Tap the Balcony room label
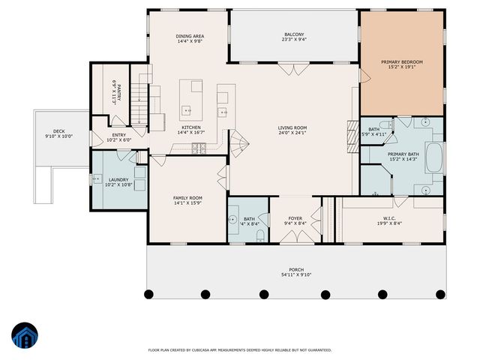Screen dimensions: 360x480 (x=294, y=35)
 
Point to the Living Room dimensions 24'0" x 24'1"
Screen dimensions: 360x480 (x=293, y=133)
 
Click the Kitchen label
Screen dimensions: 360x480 (x=190, y=127)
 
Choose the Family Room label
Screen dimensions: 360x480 (x=188, y=196)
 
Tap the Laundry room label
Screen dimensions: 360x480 (x=118, y=179)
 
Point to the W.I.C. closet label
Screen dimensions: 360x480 (x=388, y=219)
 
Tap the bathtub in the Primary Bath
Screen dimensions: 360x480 (x=434, y=157)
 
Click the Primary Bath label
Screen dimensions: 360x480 (x=403, y=154)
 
